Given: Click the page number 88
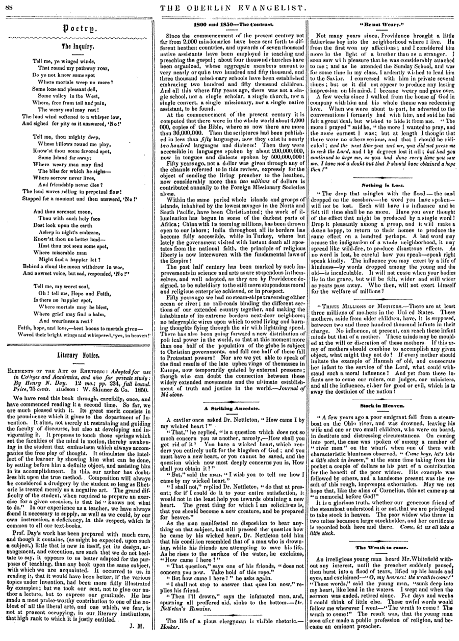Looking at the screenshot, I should click(10, 6).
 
